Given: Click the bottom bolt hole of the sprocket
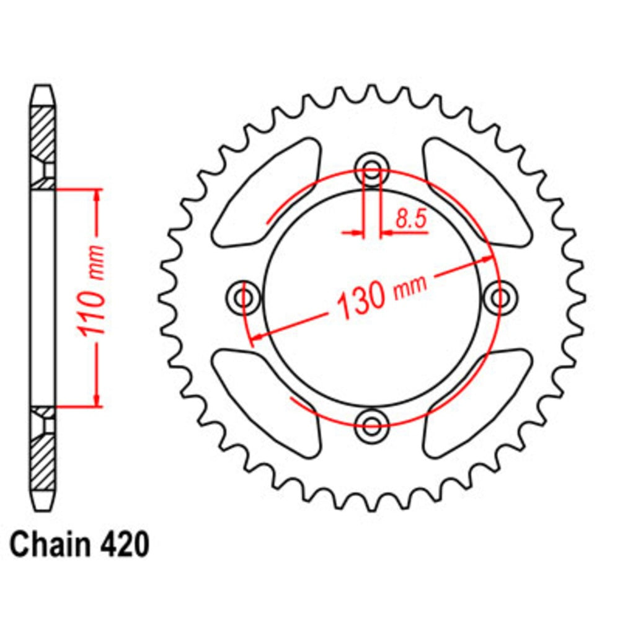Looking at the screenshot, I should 371,425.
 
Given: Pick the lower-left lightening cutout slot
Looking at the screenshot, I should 267,402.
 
